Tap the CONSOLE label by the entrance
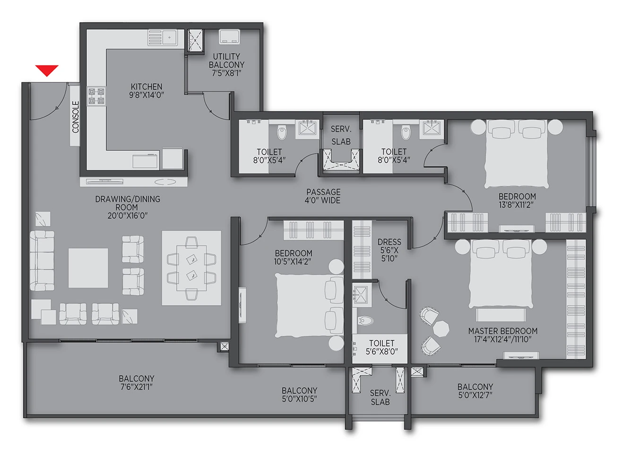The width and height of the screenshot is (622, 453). [76, 117]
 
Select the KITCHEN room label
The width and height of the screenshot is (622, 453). [147, 87]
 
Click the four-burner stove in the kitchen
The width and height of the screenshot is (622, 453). [96, 96]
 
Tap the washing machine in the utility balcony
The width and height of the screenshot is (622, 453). [229, 37]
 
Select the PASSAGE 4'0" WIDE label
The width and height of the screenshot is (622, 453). [323, 196]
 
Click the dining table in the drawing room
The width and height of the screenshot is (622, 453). [191, 268]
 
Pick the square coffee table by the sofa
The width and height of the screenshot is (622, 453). [88, 268]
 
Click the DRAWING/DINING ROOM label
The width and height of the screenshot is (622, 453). [128, 207]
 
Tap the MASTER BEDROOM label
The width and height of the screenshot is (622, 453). [503, 331]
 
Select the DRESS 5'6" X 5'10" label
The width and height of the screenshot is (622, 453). [389, 250]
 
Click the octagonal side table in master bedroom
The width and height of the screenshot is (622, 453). [441, 329]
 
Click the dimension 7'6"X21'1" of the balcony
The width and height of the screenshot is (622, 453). [136, 387]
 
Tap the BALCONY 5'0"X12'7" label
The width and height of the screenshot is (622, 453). [475, 391]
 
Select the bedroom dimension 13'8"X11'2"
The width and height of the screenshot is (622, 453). [516, 205]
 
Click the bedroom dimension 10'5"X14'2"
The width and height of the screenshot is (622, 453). [293, 261]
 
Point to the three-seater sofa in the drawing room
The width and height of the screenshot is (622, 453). [42, 261]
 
